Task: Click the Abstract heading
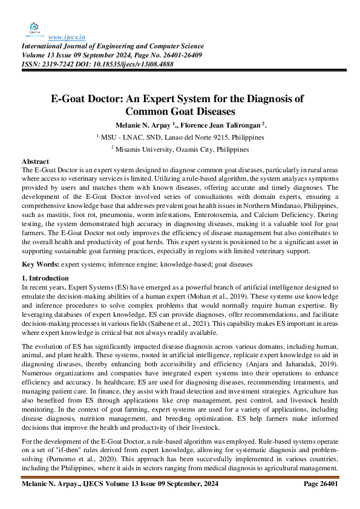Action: tap(35, 162)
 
